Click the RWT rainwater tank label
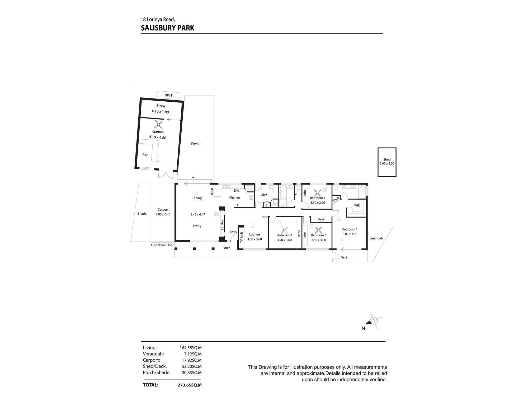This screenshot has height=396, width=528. tap(168, 95)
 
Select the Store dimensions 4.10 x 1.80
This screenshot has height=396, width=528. tap(160, 111)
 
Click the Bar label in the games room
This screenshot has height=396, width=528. tap(145, 155)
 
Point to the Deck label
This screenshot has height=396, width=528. tap(195, 144)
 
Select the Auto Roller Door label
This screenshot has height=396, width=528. tap(162, 245)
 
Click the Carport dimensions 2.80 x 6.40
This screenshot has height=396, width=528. tap(163, 214)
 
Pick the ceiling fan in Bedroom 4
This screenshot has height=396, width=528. tap(318, 192)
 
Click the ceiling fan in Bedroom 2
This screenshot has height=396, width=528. tap(284, 230)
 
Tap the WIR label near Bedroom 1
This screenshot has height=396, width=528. tap(357, 205)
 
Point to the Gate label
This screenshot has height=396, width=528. tap(344, 257)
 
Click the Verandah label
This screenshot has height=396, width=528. tap(376, 238)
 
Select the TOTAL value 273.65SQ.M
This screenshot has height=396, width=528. tap(190, 385)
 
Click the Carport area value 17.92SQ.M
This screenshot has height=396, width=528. tap(191, 360)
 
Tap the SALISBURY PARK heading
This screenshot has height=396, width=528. tap(168, 28)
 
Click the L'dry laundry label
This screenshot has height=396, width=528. tap(264, 195)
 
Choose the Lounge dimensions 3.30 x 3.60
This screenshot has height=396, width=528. tap(254, 239)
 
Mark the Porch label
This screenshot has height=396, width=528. tap(227, 248)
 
